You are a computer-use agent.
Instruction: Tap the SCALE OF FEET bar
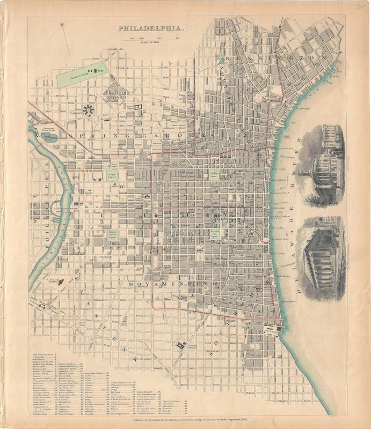point(154,39)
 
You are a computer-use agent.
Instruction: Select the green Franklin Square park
point(213,174)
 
